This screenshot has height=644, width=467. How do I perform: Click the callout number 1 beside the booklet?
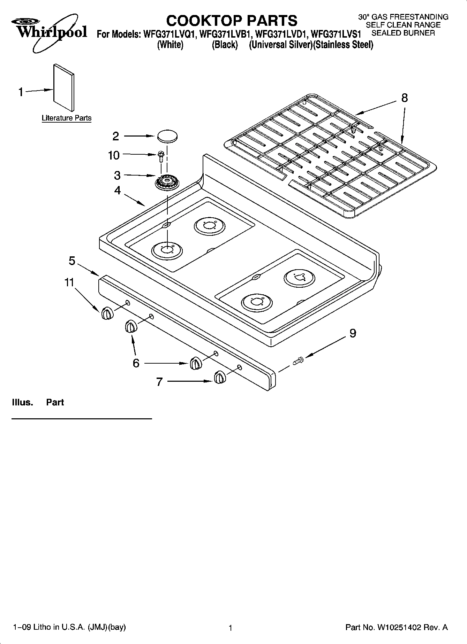coord(21,92)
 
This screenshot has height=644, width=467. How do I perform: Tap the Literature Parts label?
coord(67,118)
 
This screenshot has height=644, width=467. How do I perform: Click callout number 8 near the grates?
coord(404,98)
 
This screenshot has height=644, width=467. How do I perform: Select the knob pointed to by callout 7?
coord(219,378)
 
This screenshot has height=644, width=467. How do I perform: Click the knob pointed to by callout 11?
coord(107,314)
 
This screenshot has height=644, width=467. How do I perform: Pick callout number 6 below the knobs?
coord(136,363)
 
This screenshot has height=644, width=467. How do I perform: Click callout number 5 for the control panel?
coord(72,261)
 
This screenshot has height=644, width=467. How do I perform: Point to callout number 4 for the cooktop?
coord(118,191)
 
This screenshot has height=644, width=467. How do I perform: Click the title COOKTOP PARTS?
coord(232,21)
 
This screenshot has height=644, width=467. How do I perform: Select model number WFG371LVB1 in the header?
coord(225,34)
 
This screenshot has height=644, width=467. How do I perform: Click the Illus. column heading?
coord(22,402)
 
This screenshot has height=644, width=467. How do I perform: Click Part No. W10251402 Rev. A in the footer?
coord(396,627)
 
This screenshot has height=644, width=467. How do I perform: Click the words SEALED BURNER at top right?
coord(403,33)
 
